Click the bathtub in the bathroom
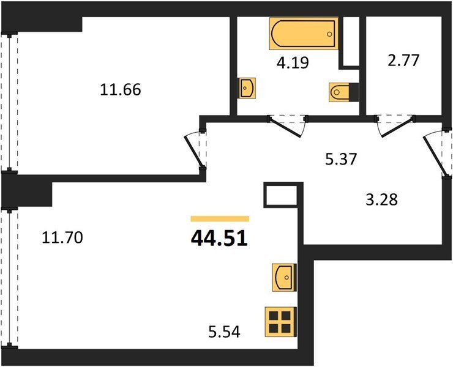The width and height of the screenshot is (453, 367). point(304,34)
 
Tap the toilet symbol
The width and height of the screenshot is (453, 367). point(344,92)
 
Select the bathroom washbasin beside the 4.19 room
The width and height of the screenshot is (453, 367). point(247,88)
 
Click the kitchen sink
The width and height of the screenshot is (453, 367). point(284,277)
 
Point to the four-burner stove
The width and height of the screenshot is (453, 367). point(280,322)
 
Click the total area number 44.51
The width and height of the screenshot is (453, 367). point(219,239)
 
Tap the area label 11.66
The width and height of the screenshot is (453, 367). point(121,89)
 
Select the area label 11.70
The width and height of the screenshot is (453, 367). point(62,238)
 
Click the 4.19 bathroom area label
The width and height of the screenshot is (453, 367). point(293,62)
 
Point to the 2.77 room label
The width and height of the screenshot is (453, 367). point(403,61)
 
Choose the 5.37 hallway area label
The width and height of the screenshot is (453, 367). point(341,159)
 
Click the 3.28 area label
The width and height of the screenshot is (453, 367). point(381,199)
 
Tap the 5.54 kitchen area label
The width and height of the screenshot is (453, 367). point(224,332)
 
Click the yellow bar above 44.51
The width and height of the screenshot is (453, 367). point(220,218)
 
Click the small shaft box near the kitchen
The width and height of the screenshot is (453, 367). point(281,195)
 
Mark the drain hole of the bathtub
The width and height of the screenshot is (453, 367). point(329,34)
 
